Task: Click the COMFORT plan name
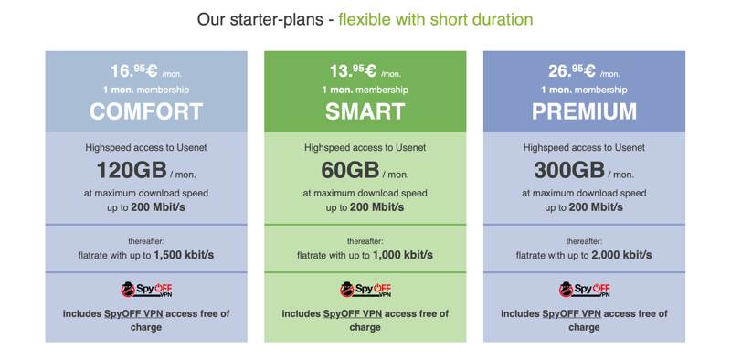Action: (x=146, y=111)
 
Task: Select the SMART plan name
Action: (x=365, y=111)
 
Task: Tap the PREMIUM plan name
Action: (x=585, y=111)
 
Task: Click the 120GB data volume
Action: (x=131, y=171)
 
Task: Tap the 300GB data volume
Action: (x=569, y=171)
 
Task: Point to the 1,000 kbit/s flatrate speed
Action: (x=409, y=255)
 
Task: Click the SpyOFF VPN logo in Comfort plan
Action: (x=146, y=290)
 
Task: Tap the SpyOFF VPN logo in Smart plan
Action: (x=365, y=290)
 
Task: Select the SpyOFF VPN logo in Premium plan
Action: (x=585, y=290)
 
